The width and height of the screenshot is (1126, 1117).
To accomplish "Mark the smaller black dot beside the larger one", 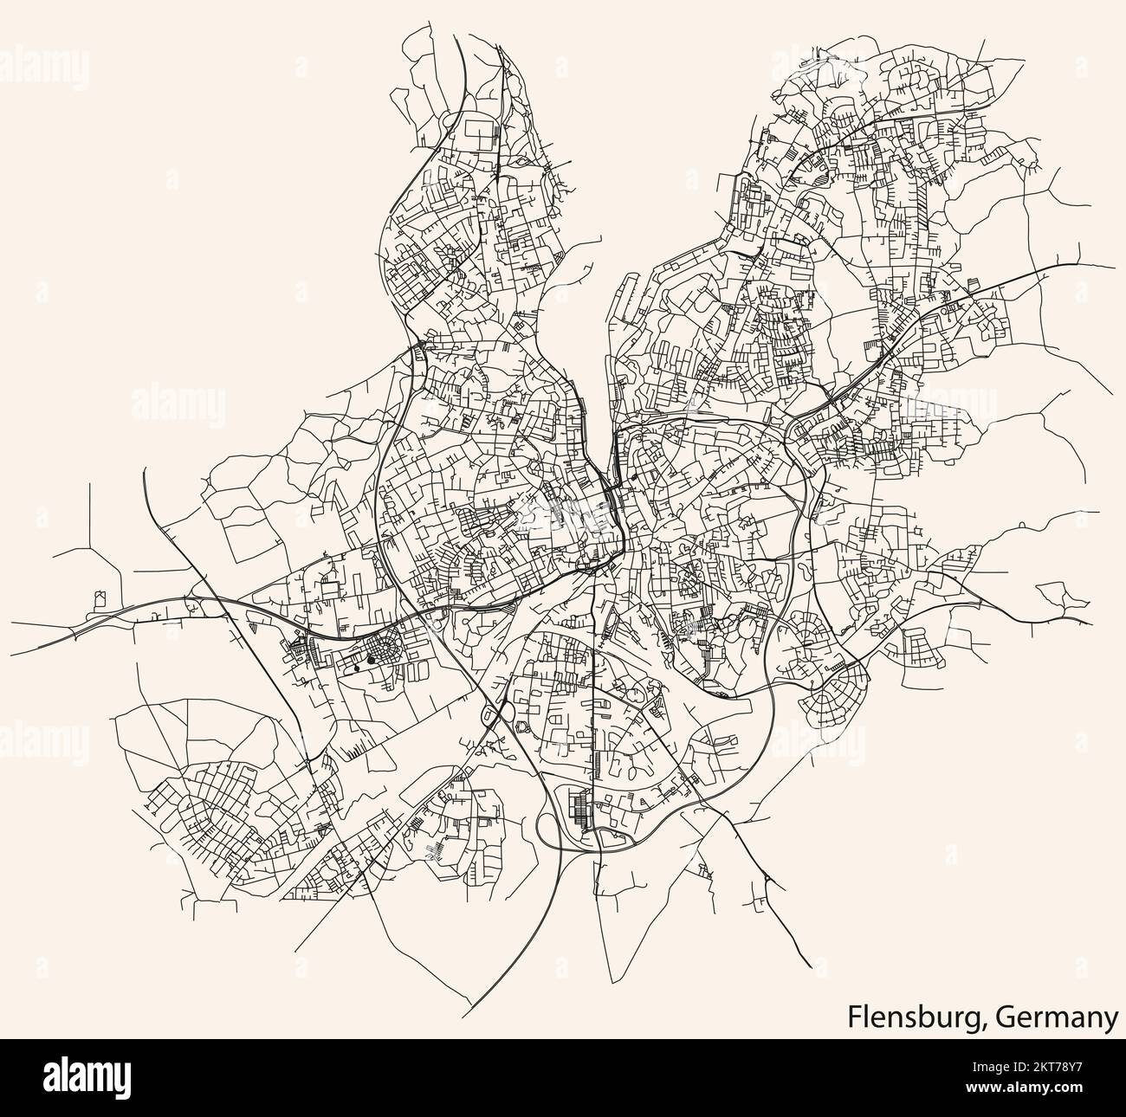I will coord(357,668).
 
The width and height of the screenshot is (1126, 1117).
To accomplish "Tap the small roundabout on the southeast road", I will coord(768,881).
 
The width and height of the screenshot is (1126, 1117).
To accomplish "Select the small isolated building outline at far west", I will coord(99,597).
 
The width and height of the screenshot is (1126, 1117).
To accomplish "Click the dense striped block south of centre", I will coord(576,810).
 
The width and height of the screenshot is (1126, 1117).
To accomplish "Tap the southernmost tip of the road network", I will coord(466,1016).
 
